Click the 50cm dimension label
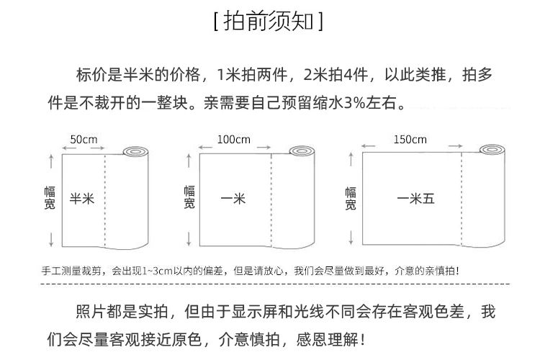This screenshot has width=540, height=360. pos(84,140)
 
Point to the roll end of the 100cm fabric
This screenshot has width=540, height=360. pos(300,152)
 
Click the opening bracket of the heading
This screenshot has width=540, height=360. pos(216,21)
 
